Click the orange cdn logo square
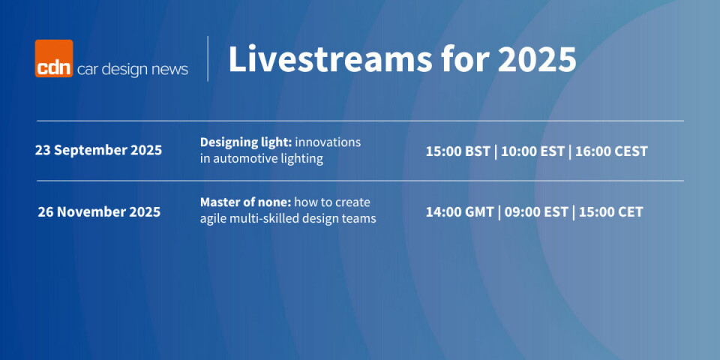[54, 58]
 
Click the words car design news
[132, 69]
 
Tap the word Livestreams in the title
[330, 58]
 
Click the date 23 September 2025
[98, 151]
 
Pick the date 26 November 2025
[99, 212]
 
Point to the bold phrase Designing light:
[246, 142]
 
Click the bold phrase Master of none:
[246, 202]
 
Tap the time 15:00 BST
[457, 151]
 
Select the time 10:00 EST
[532, 151]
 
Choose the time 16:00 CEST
[611, 151]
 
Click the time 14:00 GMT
[460, 212]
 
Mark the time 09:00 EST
[535, 212]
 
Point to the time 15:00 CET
[610, 212]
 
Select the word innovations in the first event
[328, 142]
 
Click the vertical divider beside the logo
[208, 58]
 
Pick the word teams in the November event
[360, 219]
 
